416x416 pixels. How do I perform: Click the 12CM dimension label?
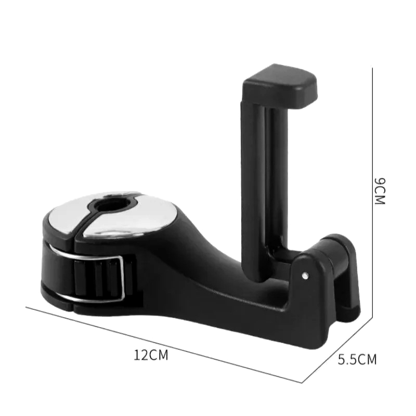151,355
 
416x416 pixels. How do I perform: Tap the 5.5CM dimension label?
357,359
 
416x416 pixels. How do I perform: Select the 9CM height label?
380,191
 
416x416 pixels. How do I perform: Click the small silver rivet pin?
305,276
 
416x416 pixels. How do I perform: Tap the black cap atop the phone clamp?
280,86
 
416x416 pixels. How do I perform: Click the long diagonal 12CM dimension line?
164,345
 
